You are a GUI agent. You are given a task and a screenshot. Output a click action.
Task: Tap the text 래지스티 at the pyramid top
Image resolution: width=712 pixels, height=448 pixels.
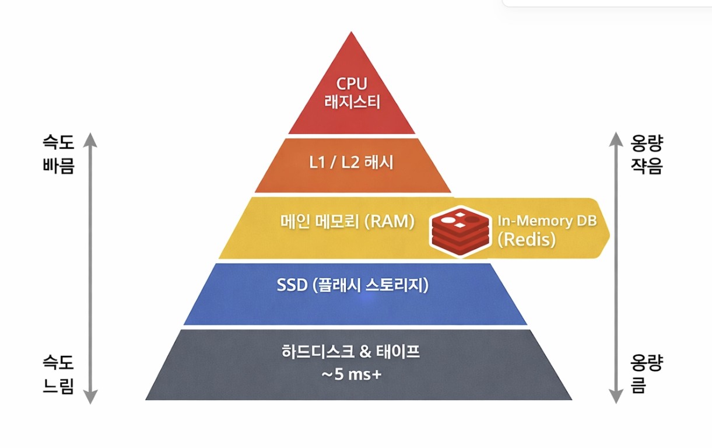352,103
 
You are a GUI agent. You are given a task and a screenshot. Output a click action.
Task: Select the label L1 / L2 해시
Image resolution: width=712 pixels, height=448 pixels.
352,163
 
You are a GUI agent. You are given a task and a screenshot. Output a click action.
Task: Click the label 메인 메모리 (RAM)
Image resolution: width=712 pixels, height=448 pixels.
346,222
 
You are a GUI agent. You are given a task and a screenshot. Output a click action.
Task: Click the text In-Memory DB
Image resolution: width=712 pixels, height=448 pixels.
546,222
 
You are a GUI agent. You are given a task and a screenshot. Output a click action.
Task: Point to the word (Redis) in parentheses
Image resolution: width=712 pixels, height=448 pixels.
527,240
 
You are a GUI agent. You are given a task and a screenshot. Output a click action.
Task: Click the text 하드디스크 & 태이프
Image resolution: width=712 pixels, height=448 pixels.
351,353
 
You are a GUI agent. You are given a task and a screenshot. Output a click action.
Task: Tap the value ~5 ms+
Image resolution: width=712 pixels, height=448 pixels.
351,374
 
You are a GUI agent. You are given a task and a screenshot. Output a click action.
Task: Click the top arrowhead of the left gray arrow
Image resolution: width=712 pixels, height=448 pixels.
89,138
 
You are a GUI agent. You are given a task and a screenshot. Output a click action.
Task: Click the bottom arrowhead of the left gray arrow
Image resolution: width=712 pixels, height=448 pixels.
89,398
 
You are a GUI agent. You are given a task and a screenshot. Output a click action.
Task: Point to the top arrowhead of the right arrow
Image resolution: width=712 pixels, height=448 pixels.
614,138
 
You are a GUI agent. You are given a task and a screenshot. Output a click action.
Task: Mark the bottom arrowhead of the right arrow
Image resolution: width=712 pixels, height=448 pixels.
614,398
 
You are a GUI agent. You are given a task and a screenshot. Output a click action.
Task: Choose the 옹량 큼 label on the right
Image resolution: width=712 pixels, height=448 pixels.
646,375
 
